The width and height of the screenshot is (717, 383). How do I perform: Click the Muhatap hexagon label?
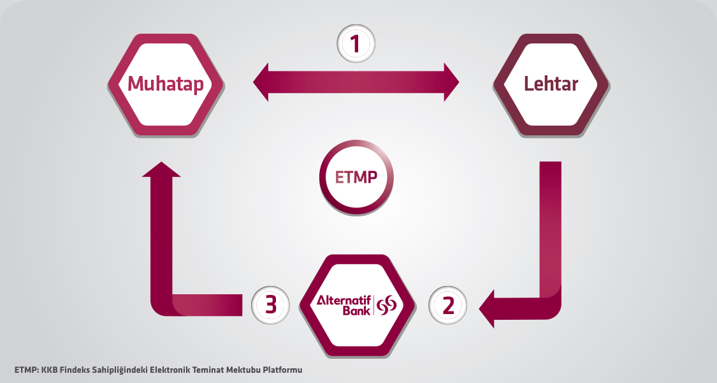166,84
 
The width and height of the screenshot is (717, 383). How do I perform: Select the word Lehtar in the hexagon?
551,84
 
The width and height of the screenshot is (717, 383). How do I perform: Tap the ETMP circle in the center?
356,177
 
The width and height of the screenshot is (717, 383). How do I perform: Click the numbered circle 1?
356,43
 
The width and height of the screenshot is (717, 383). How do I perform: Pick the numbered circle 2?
447,305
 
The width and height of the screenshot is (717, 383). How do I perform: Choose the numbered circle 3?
270,305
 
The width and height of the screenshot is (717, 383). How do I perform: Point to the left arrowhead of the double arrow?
263,81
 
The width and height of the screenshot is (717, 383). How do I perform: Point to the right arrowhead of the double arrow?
450,81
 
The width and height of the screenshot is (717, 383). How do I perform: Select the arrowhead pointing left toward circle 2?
488,308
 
